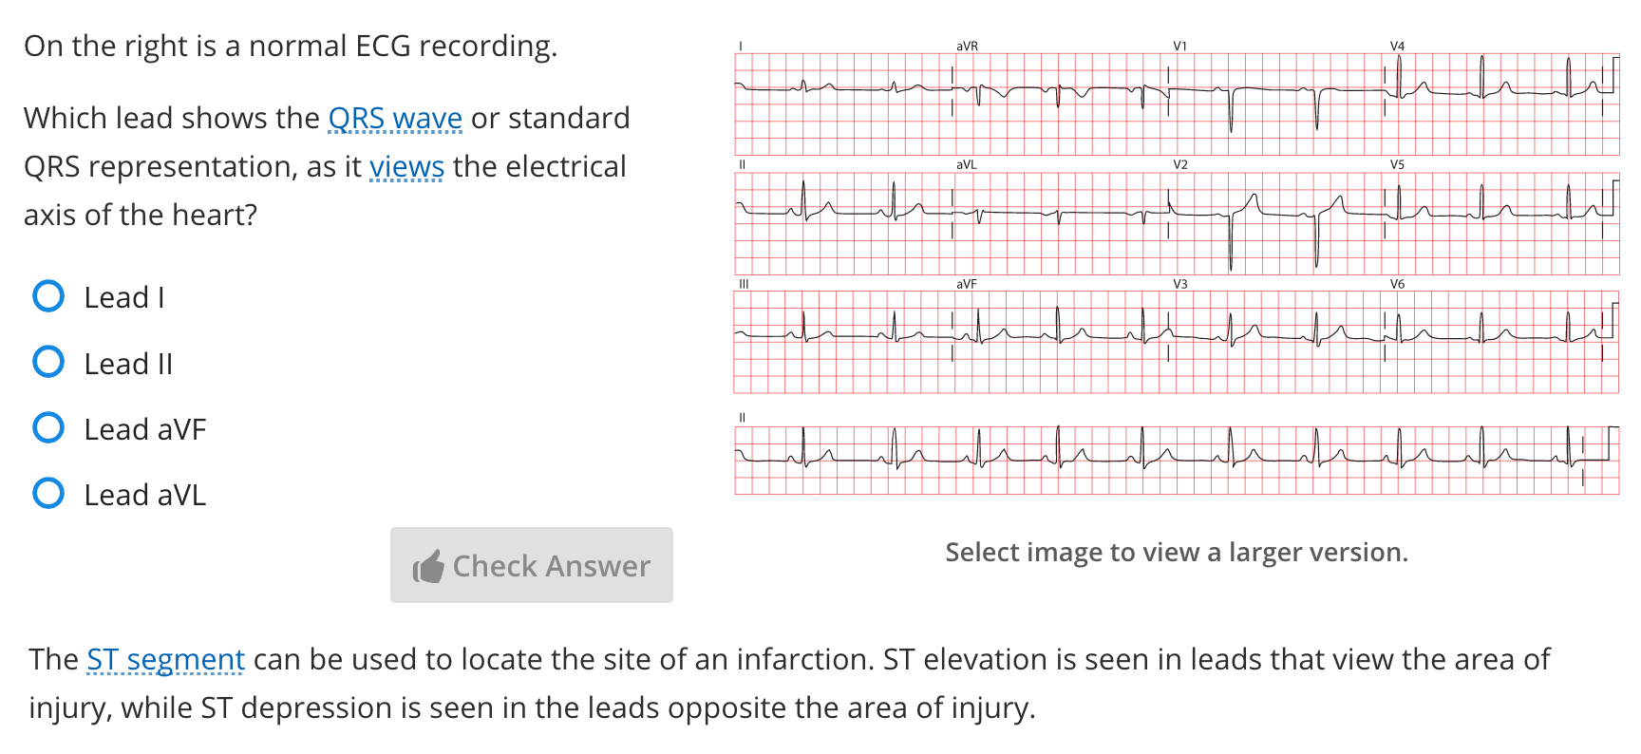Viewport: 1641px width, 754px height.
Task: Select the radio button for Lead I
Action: (x=48, y=296)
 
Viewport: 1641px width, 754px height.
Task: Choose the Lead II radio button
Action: (x=48, y=362)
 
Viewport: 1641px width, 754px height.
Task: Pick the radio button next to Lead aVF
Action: (x=48, y=428)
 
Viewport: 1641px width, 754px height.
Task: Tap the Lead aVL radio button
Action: (x=48, y=494)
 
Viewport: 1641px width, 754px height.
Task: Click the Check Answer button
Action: (x=531, y=565)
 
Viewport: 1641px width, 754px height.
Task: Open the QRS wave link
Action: (x=394, y=119)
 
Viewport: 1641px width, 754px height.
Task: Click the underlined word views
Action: (x=406, y=167)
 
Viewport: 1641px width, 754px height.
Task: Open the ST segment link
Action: (x=165, y=660)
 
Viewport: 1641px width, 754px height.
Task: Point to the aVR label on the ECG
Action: (x=967, y=46)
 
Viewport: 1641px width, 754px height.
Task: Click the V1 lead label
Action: (x=1179, y=46)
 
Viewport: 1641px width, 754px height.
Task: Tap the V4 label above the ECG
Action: (x=1397, y=46)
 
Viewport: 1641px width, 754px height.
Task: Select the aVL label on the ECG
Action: (x=966, y=164)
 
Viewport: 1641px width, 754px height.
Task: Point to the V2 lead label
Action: (x=1179, y=164)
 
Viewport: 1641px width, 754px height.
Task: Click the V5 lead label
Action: (x=1397, y=164)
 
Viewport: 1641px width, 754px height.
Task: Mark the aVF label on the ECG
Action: (x=966, y=284)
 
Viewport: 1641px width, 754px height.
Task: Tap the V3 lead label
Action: (x=1179, y=284)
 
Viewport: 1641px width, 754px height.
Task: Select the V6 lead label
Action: (x=1397, y=284)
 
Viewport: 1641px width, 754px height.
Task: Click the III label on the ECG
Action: (x=744, y=284)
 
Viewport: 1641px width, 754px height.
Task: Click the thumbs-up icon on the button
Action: (x=428, y=567)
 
